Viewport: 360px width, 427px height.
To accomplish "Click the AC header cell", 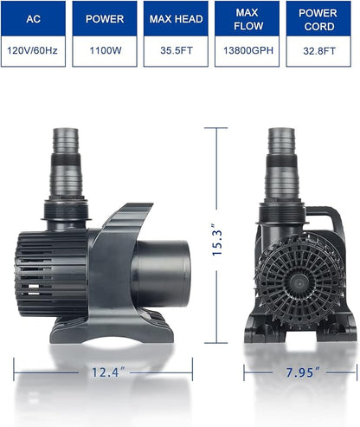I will click(32, 17).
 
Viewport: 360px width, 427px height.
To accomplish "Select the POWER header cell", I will click(106, 17).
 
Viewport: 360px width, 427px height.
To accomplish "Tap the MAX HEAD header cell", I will click(177, 17).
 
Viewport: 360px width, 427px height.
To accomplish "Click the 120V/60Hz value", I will click(32, 51).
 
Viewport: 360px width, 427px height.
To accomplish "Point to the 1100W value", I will click(106, 51).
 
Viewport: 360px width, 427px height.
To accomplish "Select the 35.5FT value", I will click(177, 51).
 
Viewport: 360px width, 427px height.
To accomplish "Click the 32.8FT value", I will click(318, 51).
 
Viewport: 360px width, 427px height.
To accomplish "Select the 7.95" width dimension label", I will click(299, 372).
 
